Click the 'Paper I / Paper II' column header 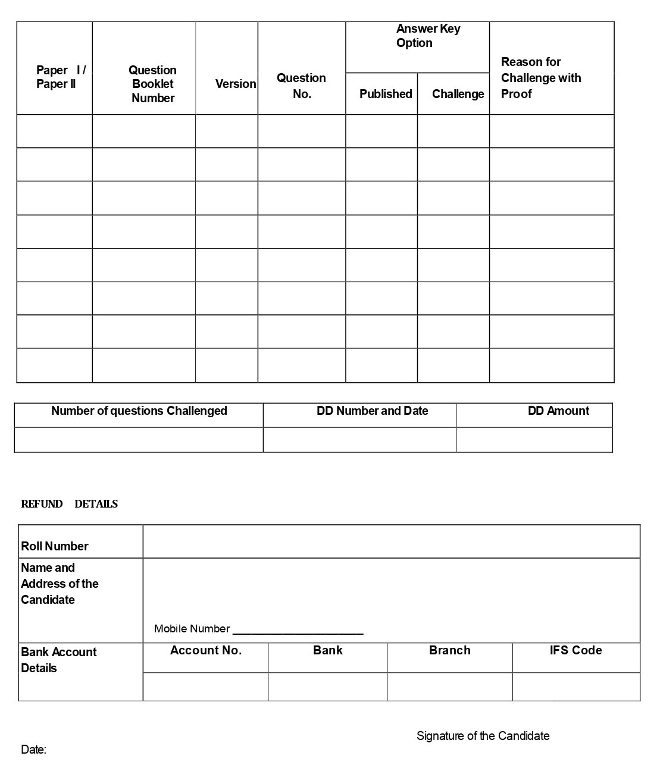tap(60, 77)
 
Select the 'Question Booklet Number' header tap(152, 84)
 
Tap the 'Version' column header tap(236, 84)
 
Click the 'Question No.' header tap(301, 86)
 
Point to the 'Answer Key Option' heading tap(428, 36)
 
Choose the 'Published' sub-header tap(386, 94)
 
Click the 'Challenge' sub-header tap(458, 94)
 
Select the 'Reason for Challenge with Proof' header tap(540, 78)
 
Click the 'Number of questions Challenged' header tap(139, 411)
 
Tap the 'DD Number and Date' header tap(372, 411)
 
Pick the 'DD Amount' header tap(558, 411)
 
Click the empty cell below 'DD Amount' tap(534, 440)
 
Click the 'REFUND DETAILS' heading tap(69, 504)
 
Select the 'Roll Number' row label tap(55, 546)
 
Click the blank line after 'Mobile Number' tap(298, 630)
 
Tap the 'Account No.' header tap(206, 650)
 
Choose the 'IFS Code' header tap(575, 650)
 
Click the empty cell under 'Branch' tap(449, 687)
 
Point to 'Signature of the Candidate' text tap(483, 736)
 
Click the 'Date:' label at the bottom tap(34, 749)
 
